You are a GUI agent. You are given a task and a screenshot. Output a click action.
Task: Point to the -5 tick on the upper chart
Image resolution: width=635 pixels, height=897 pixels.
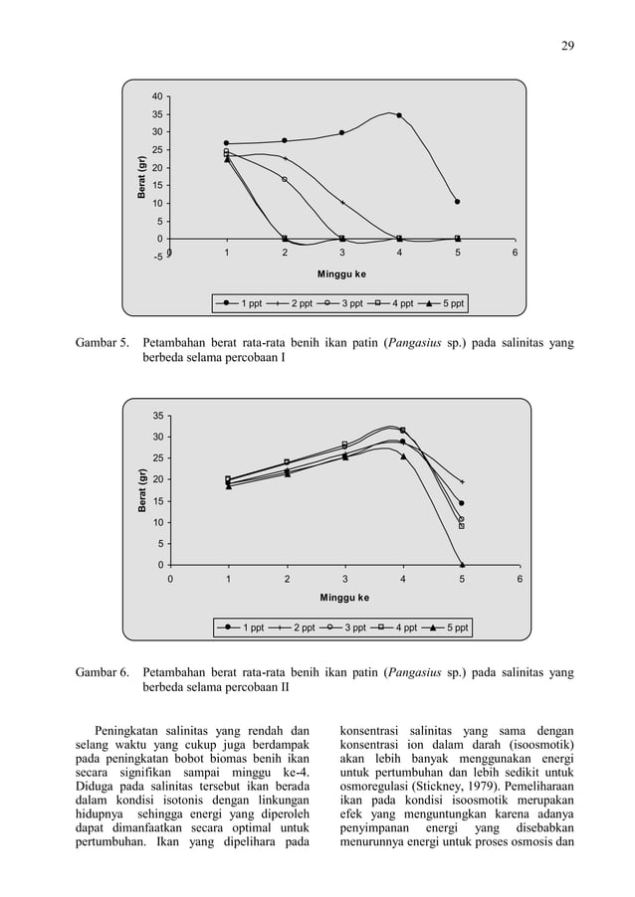tap(157, 258)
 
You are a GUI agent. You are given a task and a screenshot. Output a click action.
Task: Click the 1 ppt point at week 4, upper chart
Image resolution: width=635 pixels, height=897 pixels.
tap(399, 115)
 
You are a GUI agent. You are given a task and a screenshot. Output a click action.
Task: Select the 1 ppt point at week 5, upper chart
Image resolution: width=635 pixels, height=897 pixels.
tap(457, 202)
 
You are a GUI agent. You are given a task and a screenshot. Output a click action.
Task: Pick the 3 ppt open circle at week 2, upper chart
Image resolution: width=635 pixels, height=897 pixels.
tap(285, 179)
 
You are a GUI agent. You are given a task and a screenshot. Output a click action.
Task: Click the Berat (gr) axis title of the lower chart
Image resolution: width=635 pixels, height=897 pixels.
tap(142, 489)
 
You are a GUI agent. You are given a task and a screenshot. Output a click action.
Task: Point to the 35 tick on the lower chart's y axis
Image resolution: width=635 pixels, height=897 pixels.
tap(157, 416)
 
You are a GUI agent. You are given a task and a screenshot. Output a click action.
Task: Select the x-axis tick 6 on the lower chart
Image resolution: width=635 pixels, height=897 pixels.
tap(519, 578)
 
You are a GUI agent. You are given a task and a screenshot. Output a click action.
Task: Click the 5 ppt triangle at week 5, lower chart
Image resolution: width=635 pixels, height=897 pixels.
tap(462, 564)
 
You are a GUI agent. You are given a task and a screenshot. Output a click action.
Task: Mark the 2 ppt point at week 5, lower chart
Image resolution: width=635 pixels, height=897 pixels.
tap(462, 482)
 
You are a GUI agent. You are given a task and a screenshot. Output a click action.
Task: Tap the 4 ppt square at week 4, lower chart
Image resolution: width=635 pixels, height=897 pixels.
tap(403, 431)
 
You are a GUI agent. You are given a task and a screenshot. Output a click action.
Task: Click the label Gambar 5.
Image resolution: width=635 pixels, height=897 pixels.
tap(103, 344)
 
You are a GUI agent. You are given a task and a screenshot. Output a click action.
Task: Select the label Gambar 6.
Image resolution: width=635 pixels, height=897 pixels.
tap(103, 673)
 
